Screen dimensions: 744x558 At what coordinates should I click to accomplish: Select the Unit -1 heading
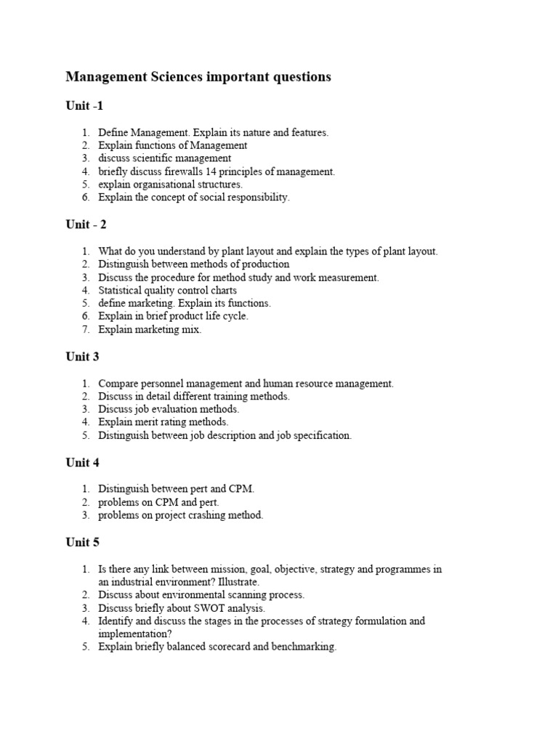click(84, 106)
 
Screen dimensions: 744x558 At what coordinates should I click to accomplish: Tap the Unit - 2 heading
click(86, 225)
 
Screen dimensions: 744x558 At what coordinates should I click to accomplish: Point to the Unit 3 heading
click(83, 357)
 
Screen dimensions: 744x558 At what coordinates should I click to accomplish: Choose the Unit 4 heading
click(83, 463)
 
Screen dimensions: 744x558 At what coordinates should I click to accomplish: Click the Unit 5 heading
click(83, 542)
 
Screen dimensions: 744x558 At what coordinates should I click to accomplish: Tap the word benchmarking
click(303, 647)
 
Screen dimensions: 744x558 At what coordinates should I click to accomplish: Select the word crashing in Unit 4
click(208, 515)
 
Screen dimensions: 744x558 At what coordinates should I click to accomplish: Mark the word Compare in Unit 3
click(118, 383)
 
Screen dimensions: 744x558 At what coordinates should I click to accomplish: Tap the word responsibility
click(258, 198)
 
